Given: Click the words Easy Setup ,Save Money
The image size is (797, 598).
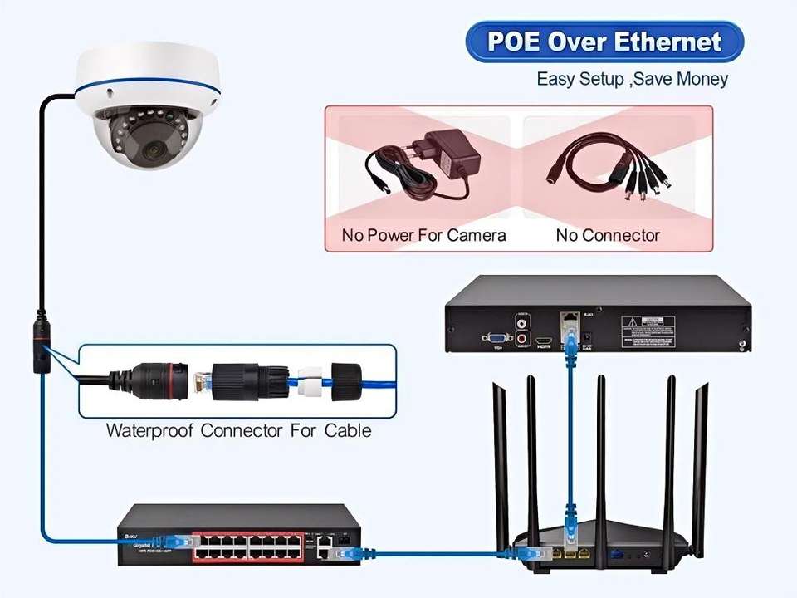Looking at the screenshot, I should (x=632, y=79).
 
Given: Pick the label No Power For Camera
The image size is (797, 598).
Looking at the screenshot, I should (x=423, y=235).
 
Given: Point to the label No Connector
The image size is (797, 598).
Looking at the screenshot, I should (x=608, y=235).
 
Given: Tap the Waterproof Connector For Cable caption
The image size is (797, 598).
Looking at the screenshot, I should (x=238, y=430).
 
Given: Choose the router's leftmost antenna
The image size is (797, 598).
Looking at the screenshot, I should (x=501, y=465).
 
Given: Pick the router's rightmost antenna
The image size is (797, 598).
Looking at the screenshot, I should (x=700, y=465).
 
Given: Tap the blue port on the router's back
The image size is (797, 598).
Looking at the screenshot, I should (x=617, y=551).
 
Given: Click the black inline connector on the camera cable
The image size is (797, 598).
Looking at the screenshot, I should (x=39, y=342).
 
